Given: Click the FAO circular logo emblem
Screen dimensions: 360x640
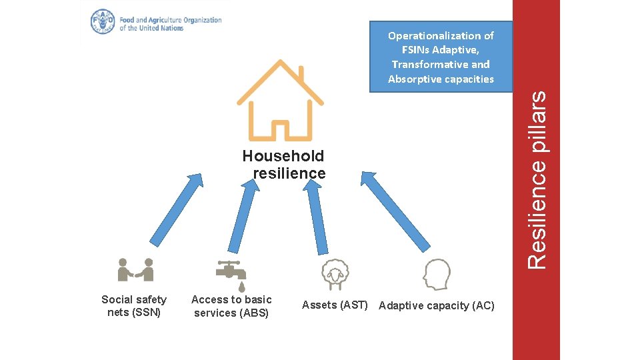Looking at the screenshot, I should tap(103, 22).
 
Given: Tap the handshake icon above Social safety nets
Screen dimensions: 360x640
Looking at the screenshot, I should tap(135, 270).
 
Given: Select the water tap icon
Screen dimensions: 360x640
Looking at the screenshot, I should tap(231, 272).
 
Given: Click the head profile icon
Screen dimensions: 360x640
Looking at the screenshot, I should tap(437, 274).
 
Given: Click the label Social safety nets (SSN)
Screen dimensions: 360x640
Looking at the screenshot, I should tap(134, 306).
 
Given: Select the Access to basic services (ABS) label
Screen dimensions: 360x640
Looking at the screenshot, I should tap(231, 306).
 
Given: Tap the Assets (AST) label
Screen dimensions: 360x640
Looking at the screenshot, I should tap(335, 305).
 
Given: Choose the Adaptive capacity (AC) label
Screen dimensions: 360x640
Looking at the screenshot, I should tap(437, 306).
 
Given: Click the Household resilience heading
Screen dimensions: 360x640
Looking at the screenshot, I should tap(283, 165).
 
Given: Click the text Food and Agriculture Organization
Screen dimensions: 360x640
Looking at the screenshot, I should tap(171, 20).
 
